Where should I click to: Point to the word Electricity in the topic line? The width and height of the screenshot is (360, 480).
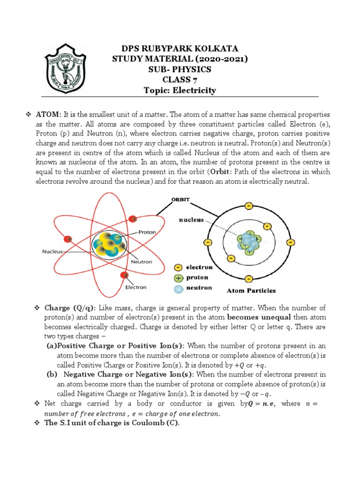tap(196, 90)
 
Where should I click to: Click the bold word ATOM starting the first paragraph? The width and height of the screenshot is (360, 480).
tap(48, 115)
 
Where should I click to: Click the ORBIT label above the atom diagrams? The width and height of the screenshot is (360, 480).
tap(180, 199)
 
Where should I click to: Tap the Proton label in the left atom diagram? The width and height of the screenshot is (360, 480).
tap(147, 232)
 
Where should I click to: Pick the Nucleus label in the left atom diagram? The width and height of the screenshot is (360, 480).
tap(52, 251)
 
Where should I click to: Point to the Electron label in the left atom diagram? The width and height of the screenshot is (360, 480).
tap(135, 287)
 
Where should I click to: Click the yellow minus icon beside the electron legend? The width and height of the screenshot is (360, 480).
tap(178, 267)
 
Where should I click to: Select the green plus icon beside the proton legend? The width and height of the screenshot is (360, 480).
tap(178, 277)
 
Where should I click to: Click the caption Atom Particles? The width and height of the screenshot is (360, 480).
tap(251, 291)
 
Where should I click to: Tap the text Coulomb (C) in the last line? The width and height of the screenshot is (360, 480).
tap(157, 423)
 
